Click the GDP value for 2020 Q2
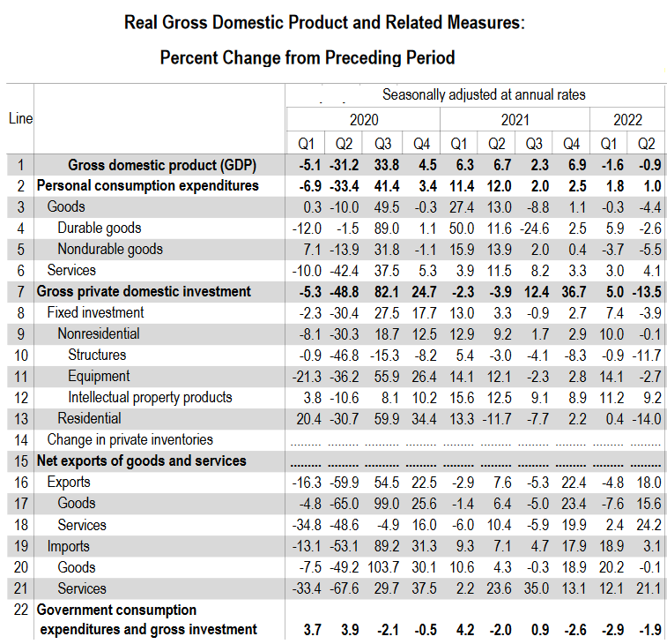pyautogui.click(x=343, y=164)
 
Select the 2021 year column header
pyautogui.click(x=515, y=120)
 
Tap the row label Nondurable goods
pyautogui.click(x=110, y=249)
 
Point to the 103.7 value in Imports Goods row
pyautogui.click(x=382, y=567)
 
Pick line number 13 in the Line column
pyautogui.click(x=19, y=418)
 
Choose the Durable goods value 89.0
pyautogui.click(x=383, y=228)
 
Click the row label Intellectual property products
pyautogui.click(x=150, y=397)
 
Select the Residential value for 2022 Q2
pyautogui.click(x=647, y=418)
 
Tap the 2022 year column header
pyautogui.click(x=628, y=120)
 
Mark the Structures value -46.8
pyautogui.click(x=343, y=355)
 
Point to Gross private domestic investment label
pyautogui.click(x=144, y=291)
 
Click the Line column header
pyautogui.click(x=19, y=118)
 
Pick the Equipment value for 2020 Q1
pyautogui.click(x=303, y=376)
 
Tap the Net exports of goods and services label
pyautogui.click(x=141, y=461)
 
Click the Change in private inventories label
pyautogui.click(x=130, y=439)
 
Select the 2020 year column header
pyautogui.click(x=363, y=120)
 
